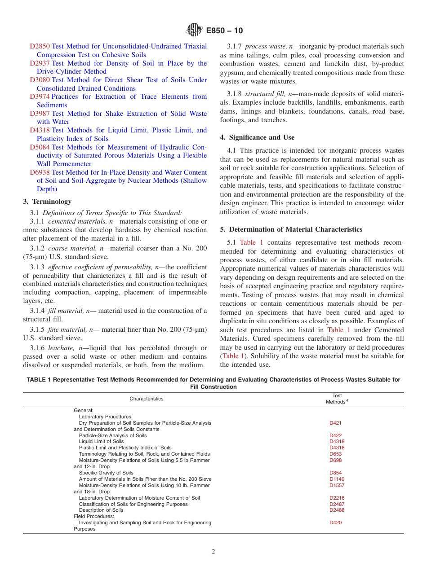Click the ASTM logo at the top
point(194,31)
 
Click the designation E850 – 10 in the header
point(224,31)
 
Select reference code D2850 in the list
point(40,46)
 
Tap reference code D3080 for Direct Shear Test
point(40,80)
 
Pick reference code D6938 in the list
point(40,172)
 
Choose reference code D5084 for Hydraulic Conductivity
point(40,147)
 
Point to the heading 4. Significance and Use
point(257,137)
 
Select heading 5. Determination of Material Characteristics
point(291,229)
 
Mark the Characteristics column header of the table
point(147,399)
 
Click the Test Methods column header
point(337,399)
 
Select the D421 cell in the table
point(335,423)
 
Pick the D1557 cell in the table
point(337,485)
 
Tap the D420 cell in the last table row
point(335,523)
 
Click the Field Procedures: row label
point(88,516)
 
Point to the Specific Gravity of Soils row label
point(106,473)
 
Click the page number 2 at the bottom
point(213,552)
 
